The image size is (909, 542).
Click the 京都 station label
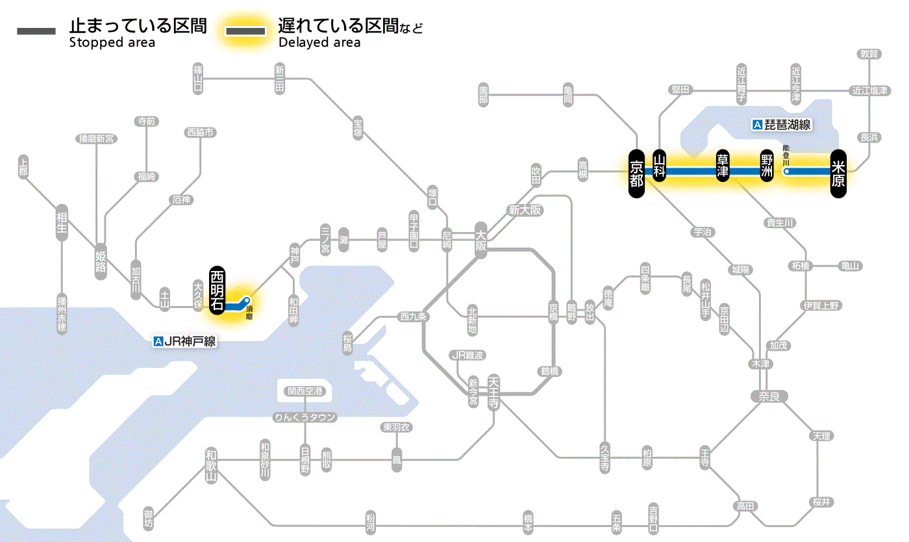637,172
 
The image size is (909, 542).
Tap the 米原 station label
838,172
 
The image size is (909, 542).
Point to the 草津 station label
723,167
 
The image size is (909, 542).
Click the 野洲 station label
767,167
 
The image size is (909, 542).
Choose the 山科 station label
660,167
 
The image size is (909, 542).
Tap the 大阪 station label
480,240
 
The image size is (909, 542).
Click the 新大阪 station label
525,210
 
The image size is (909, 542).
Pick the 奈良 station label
768,396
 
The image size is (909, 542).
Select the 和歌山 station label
211,465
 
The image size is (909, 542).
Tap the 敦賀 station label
869,54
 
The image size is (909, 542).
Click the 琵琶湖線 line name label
782,125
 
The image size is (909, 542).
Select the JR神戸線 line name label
185,341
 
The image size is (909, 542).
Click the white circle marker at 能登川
787,172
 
